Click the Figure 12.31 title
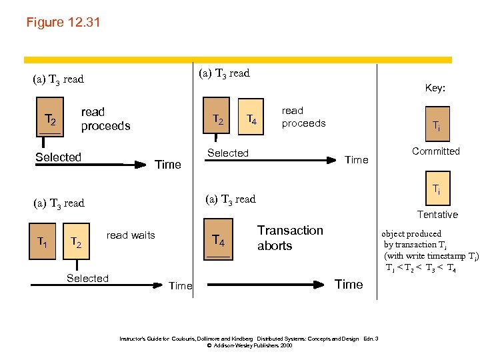pos(63,23)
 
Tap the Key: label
pos(435,88)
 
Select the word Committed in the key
pos(435,151)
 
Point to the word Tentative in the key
pos(437,215)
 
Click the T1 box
pos(41,241)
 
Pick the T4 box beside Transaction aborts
pos(218,240)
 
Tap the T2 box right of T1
pos(77,245)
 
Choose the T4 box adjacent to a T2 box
pos(252,120)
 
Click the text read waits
pos(131,235)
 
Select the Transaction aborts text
pos(290,238)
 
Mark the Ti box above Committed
pos(435,126)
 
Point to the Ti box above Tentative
pos(436,189)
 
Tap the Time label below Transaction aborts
pos(349,285)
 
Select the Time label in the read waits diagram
pos(180,286)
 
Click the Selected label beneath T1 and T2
pos(87,279)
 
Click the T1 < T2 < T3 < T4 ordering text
pos(420,268)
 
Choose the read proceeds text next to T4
pos(303,117)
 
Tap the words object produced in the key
pos(411,234)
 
